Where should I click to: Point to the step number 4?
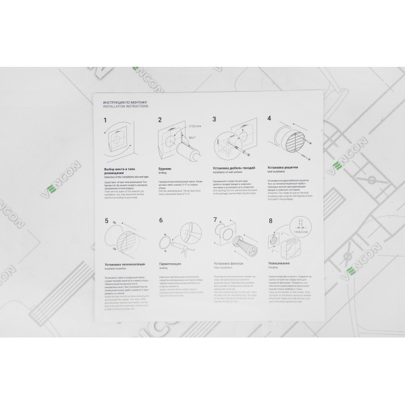click(x=269, y=118)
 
